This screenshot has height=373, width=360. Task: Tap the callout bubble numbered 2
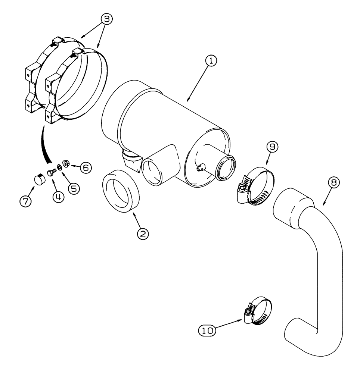pos(142,234)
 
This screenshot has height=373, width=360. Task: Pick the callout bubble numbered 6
pos(85,168)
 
